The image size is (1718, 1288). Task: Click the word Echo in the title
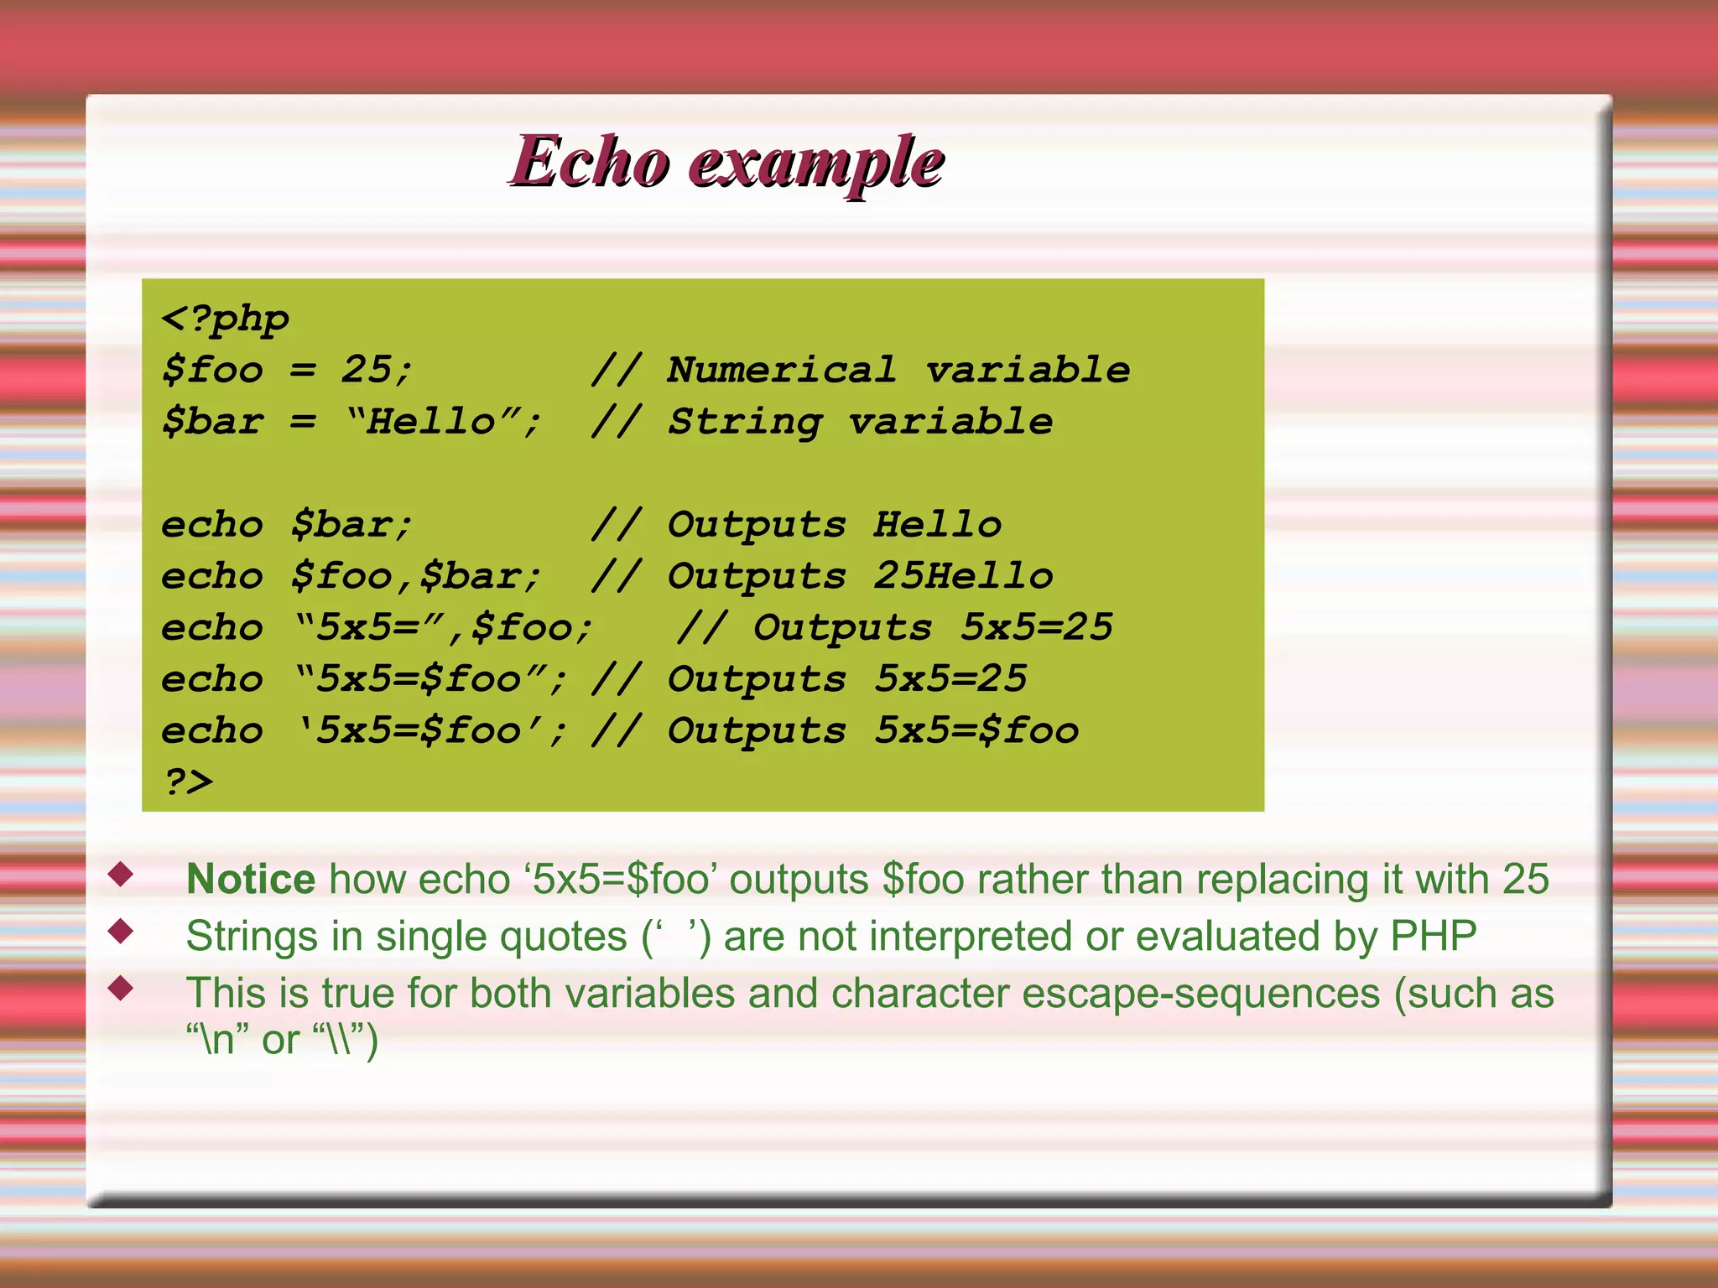coord(591,161)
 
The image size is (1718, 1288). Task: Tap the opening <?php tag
coord(225,319)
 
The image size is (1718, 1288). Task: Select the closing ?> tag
coord(188,782)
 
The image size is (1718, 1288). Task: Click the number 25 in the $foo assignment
coord(366,370)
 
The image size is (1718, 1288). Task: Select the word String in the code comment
coord(744,422)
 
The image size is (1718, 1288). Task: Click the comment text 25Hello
coord(963,576)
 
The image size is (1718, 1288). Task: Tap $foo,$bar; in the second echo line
coord(416,576)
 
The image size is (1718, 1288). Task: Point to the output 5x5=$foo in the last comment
coord(976,730)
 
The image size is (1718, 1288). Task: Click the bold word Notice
coord(250,879)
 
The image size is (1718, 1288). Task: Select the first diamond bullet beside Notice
coord(122,875)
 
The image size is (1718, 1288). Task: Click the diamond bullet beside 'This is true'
coord(122,988)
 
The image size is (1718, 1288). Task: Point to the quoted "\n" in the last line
coord(217,1040)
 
